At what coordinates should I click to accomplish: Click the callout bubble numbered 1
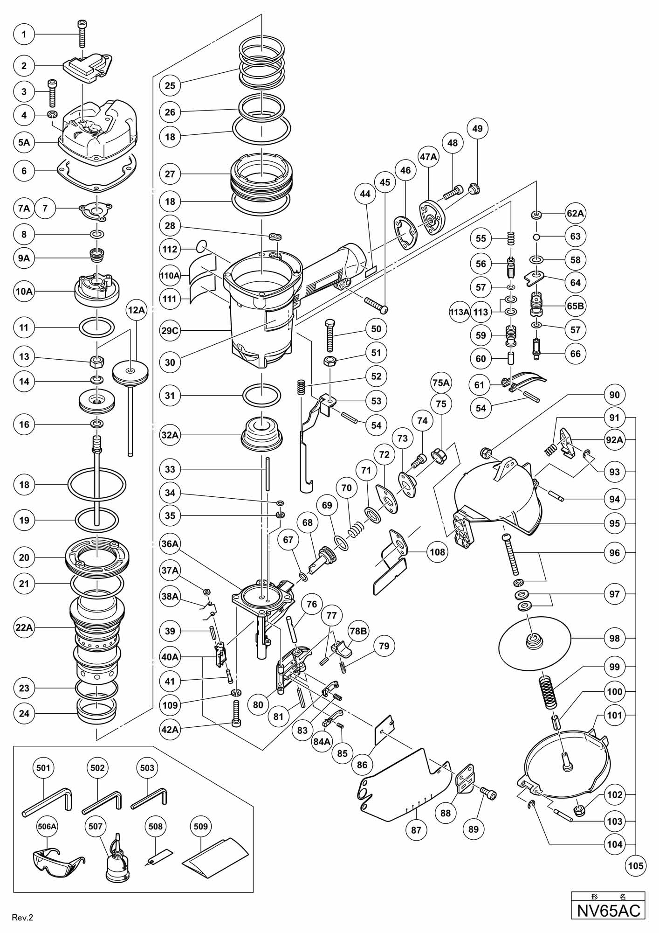[24, 34]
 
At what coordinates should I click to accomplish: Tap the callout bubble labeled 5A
[24, 142]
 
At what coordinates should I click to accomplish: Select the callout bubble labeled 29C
[170, 331]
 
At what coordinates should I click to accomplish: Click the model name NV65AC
[608, 910]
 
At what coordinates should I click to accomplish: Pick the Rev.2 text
[23, 917]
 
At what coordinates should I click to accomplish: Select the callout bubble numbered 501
[43, 767]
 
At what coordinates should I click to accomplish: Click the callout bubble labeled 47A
[428, 157]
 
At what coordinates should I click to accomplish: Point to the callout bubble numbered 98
[615, 638]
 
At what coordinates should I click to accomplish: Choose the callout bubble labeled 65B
[576, 306]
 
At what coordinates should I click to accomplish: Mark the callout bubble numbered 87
[416, 829]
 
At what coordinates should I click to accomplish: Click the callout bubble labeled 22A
[24, 627]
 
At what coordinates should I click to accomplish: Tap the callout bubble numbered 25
[170, 85]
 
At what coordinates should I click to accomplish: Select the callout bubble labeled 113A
[460, 312]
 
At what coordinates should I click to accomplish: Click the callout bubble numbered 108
[437, 552]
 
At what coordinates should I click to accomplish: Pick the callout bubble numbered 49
[477, 128]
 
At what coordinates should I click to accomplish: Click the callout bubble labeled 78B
[358, 631]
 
